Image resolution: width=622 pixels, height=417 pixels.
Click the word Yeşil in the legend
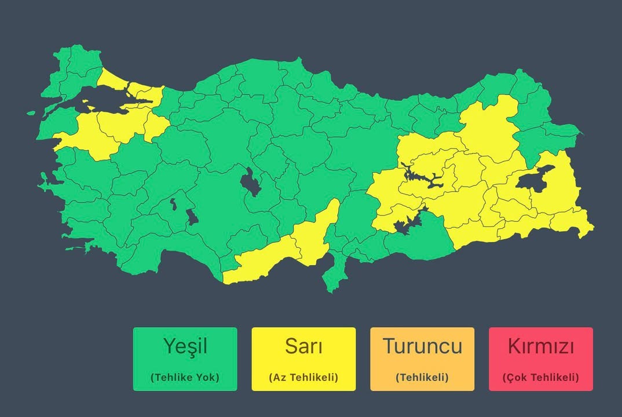(185, 346)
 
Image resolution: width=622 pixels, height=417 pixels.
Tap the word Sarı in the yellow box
(303, 346)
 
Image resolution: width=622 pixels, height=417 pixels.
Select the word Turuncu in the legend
(422, 346)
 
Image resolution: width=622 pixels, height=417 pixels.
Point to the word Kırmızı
(541, 346)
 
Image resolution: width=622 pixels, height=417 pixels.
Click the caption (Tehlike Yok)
(185, 377)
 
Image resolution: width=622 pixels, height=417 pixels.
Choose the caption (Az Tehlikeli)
(303, 377)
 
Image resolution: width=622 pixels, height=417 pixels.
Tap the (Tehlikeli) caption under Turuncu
(422, 377)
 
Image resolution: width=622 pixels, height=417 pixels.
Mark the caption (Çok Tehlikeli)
(541, 377)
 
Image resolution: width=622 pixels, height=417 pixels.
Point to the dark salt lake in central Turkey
(250, 184)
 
